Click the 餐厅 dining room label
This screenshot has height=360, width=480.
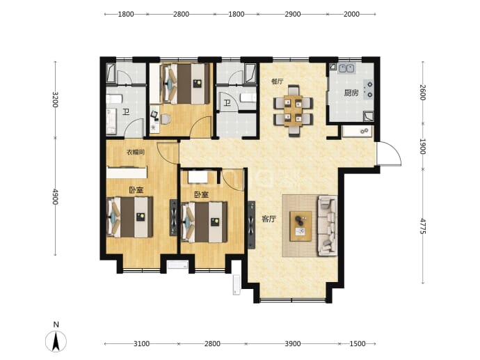coord(278,81)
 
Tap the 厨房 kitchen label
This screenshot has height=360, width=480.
coord(351,93)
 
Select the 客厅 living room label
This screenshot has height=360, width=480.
coord(269,219)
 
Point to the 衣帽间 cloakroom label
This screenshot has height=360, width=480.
coord(136,152)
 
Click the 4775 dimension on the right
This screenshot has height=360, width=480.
coord(423,226)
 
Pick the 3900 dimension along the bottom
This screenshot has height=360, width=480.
coord(293,344)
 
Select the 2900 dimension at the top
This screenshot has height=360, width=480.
coord(293,14)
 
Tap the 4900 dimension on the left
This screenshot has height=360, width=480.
coord(55,196)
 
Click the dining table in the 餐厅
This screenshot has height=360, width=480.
coord(293,111)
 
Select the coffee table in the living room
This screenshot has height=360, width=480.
coord(301,226)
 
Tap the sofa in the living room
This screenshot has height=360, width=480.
coord(327,226)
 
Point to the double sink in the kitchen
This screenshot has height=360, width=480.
coord(346,69)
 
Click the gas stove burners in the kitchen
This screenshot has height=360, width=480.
coord(368,89)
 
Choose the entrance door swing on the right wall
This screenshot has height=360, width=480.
coord(389,154)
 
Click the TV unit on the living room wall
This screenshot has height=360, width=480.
coord(251,225)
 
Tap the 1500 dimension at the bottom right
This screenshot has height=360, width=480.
coord(358,344)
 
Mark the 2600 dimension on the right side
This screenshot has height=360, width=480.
coord(423,92)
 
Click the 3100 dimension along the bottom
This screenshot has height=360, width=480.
coord(142,344)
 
